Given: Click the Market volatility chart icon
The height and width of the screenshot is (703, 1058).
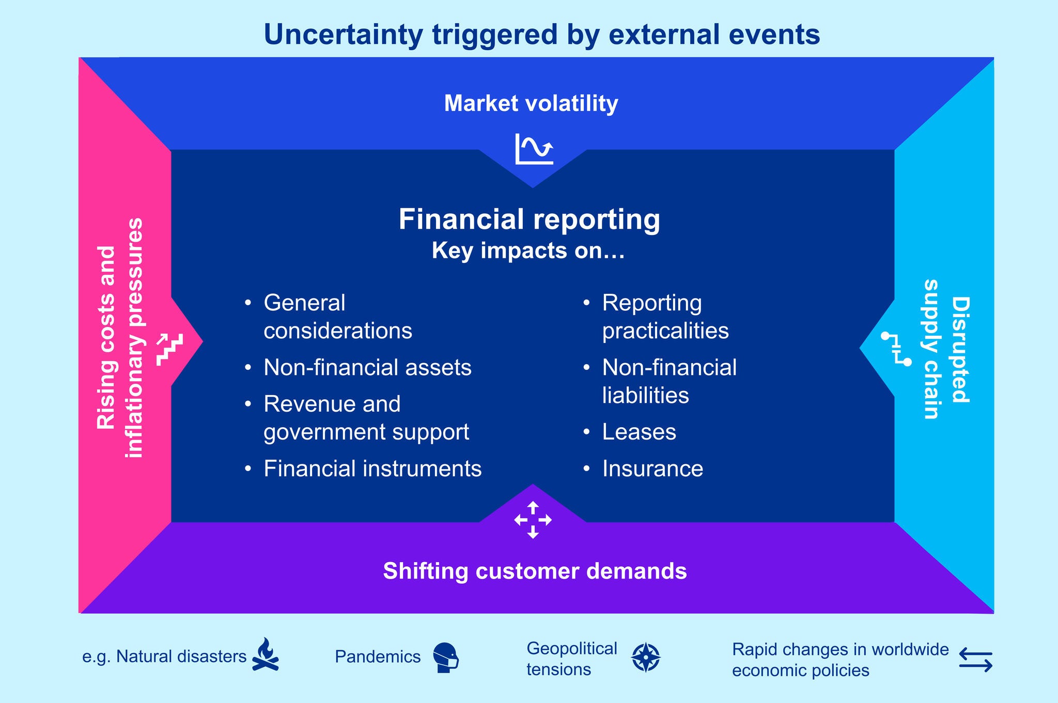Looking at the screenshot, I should tap(534, 149).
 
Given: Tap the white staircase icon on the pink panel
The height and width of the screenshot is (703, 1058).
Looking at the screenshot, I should tap(170, 350).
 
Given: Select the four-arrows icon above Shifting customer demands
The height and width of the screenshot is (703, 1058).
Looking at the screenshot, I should tap(533, 520).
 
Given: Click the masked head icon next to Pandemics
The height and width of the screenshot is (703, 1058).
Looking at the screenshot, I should tap(445, 657).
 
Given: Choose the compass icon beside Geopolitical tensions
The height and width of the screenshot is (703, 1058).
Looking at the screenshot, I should tap(646, 658).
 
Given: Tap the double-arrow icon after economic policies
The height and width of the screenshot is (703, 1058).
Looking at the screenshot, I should tap(975, 660).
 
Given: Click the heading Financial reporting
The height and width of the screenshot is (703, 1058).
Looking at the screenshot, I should tap(529, 219).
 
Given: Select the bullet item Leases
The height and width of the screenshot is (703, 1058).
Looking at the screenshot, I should tap(639, 432).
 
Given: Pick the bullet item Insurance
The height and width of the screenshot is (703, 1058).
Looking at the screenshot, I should tap(652, 468).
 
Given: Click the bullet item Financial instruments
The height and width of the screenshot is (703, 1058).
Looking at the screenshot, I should tap(372, 468).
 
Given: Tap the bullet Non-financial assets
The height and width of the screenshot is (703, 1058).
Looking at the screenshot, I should tap(367, 367).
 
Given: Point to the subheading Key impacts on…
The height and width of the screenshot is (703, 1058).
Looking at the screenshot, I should tap(528, 251).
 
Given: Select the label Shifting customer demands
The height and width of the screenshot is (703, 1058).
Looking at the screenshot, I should tap(535, 571).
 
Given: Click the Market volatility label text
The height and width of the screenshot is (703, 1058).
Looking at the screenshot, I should tap(531, 103).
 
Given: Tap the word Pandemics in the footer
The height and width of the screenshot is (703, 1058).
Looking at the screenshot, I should tap(378, 657).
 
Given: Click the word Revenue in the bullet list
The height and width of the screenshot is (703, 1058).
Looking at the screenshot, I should tap(302, 404).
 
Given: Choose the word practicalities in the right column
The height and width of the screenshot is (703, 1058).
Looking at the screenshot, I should tap(665, 331).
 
